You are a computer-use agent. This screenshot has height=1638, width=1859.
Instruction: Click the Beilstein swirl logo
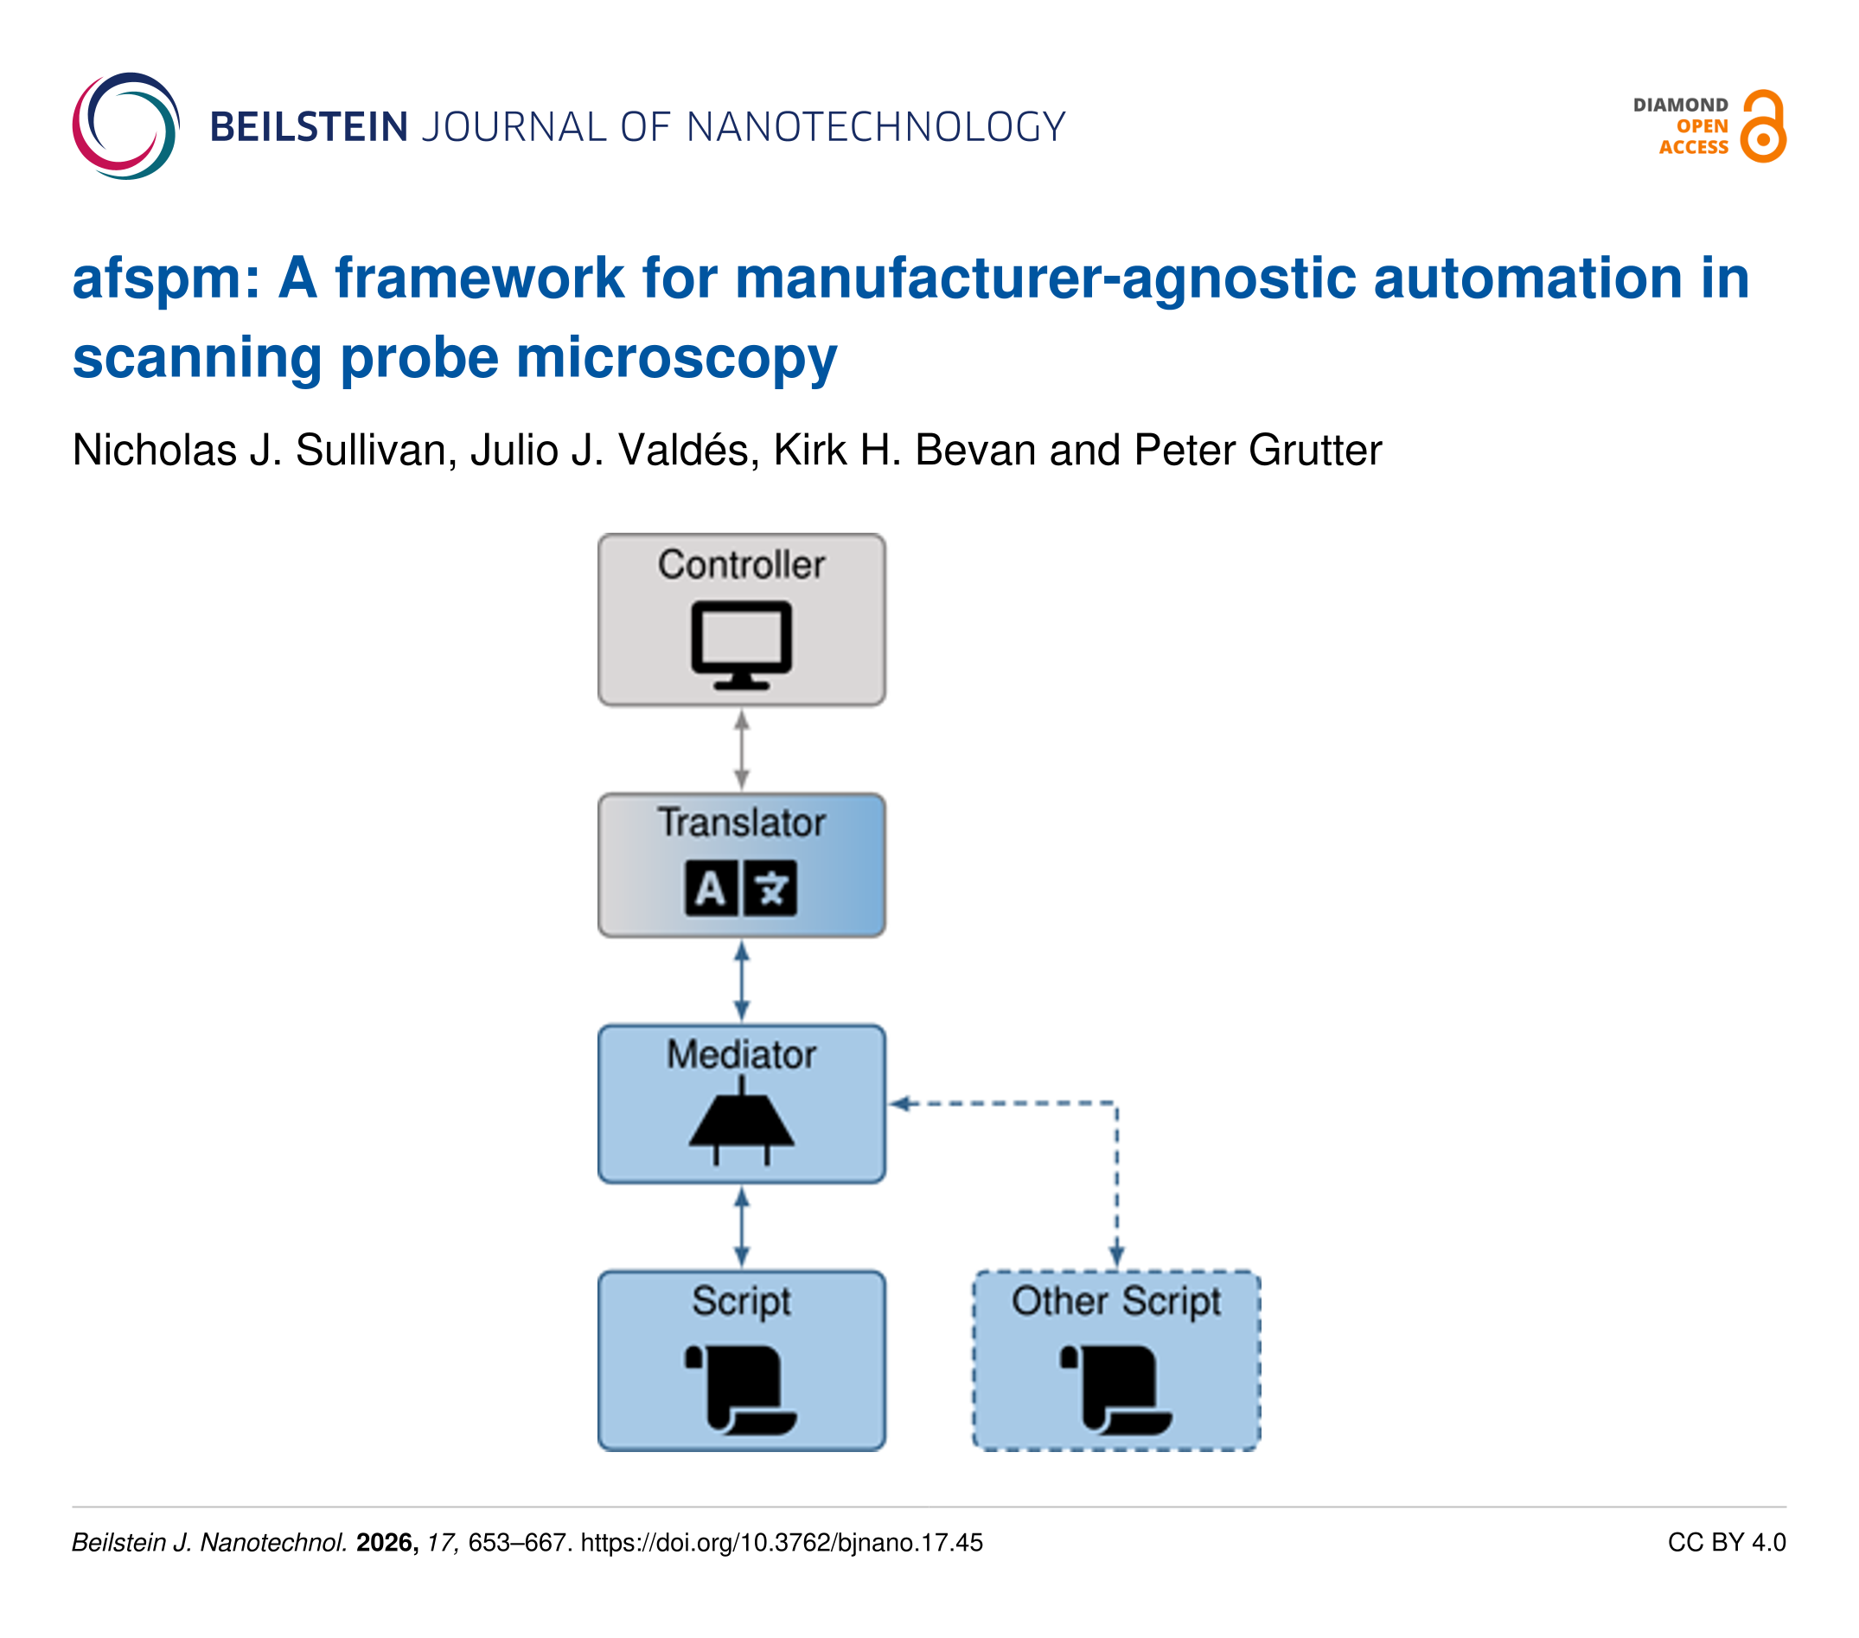pyautogui.click(x=125, y=125)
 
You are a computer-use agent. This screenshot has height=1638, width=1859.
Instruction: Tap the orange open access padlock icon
pyautogui.click(x=1763, y=125)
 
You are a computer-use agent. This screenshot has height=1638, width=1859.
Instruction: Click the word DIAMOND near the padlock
pyautogui.click(x=1680, y=105)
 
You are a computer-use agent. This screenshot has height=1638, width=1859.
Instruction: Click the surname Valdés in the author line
pyautogui.click(x=687, y=451)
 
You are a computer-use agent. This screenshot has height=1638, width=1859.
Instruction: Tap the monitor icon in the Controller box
pyautogui.click(x=741, y=644)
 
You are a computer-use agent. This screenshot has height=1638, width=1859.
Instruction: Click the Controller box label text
pyautogui.click(x=741, y=565)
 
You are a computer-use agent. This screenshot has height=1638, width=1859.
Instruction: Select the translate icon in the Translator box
pyautogui.click(x=741, y=887)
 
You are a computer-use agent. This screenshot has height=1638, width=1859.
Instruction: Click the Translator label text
pyautogui.click(x=741, y=822)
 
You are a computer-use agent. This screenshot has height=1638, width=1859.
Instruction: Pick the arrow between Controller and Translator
pyautogui.click(x=742, y=750)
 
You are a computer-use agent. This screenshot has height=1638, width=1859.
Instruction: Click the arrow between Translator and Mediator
pyautogui.click(x=742, y=981)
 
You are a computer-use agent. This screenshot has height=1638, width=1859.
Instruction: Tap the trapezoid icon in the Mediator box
pyautogui.click(x=741, y=1121)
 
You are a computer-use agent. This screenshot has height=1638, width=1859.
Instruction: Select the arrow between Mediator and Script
pyautogui.click(x=742, y=1226)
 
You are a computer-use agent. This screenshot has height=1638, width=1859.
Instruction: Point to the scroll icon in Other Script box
pyautogui.click(x=1116, y=1389)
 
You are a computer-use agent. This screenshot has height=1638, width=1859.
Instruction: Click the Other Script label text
pyautogui.click(x=1116, y=1301)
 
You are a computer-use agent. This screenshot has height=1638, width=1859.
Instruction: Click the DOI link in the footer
pyautogui.click(x=782, y=1543)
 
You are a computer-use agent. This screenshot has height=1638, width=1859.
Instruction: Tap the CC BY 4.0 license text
pyautogui.click(x=1726, y=1543)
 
